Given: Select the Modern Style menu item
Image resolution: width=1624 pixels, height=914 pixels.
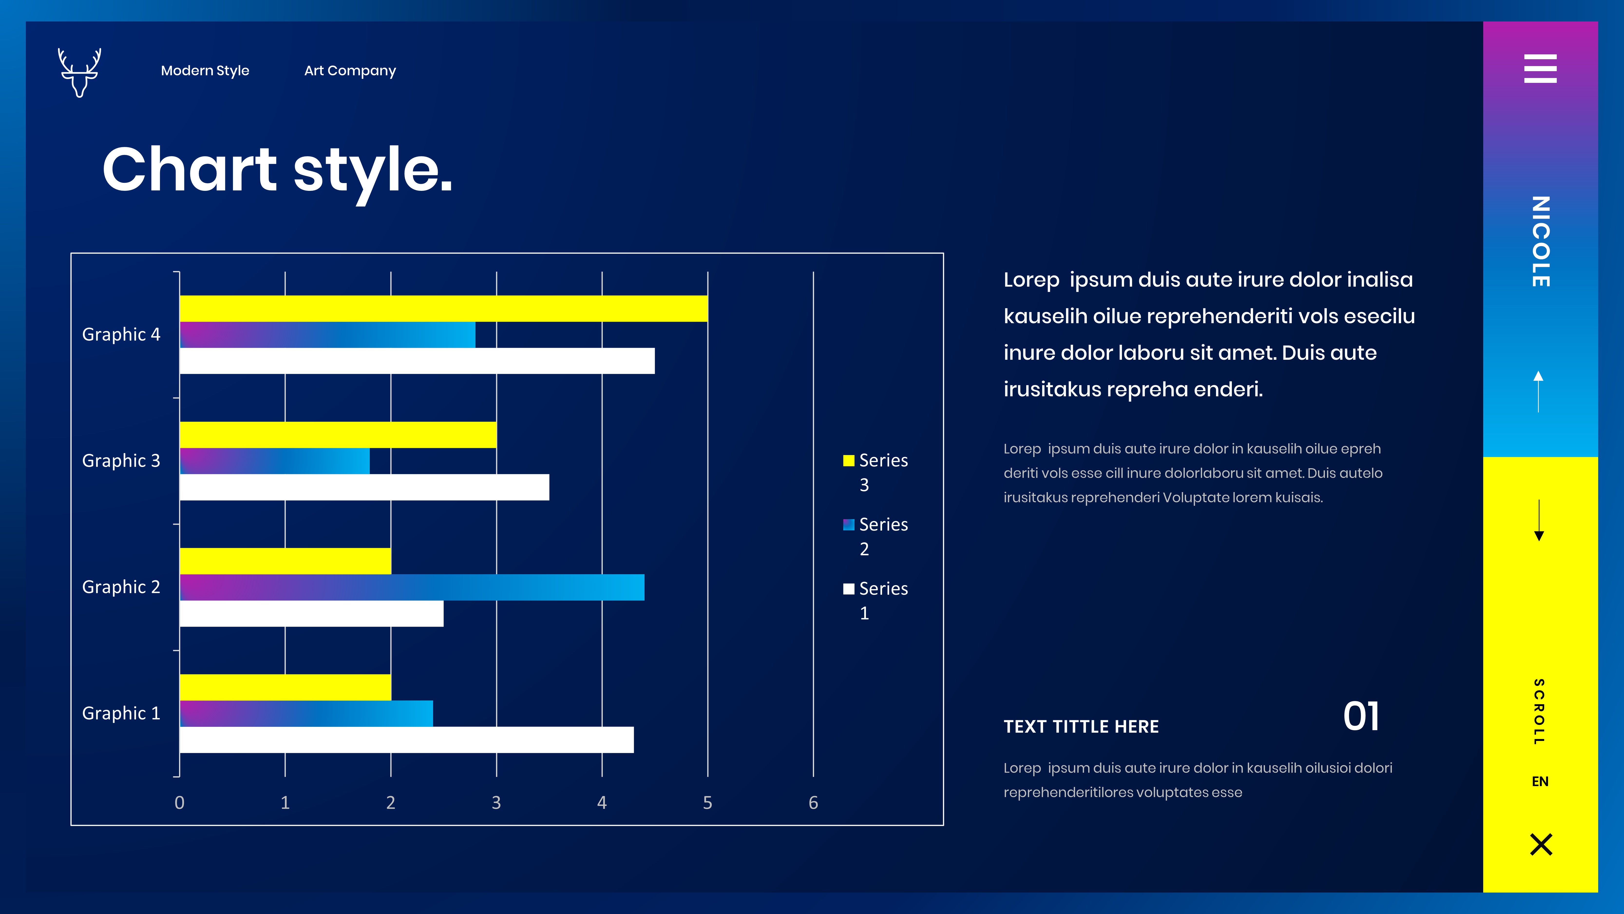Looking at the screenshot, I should click(x=205, y=71).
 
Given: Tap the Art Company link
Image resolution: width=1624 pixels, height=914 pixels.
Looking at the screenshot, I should click(x=350, y=71).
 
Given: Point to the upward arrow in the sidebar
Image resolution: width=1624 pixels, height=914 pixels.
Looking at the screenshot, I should click(x=1538, y=391).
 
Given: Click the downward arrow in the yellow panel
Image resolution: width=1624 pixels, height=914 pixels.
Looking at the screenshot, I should click(x=1539, y=520).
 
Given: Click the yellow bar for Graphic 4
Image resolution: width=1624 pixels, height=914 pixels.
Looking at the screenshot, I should click(x=443, y=309).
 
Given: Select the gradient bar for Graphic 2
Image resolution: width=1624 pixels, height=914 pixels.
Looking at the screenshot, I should click(x=412, y=587).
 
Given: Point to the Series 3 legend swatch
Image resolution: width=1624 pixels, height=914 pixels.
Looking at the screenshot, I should click(x=849, y=460).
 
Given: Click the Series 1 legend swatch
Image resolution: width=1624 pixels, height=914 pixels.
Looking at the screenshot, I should click(x=849, y=589).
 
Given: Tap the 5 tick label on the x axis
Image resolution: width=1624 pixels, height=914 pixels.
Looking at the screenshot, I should click(x=707, y=802).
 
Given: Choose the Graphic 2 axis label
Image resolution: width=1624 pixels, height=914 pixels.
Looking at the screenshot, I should click(x=121, y=587).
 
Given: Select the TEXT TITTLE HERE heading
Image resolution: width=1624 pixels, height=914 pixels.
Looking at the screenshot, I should click(x=1081, y=727).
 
